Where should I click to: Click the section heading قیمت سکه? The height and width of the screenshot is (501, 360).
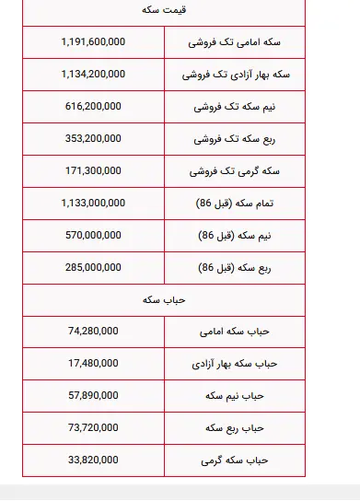pos(163,10)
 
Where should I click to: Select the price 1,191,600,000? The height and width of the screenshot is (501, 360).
pos(93,42)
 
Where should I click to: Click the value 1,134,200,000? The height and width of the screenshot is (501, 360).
pos(93,75)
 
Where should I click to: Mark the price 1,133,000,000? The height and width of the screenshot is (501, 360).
pos(93,204)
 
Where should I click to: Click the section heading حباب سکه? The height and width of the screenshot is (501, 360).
pos(163,300)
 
